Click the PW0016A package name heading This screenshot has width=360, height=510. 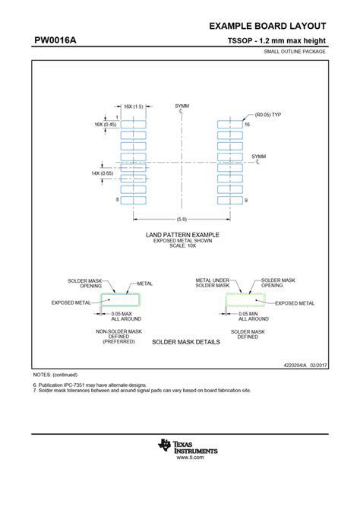point(55,40)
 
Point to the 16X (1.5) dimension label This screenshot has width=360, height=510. point(134,106)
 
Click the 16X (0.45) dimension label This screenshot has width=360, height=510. point(106,124)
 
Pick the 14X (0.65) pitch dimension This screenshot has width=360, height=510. point(102,173)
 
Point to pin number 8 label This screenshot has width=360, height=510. point(117,199)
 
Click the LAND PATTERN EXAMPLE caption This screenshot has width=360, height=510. point(182,236)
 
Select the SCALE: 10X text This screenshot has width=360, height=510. point(182,246)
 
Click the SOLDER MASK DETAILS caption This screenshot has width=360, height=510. point(186,342)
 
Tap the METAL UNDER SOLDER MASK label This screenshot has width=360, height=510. point(213,282)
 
